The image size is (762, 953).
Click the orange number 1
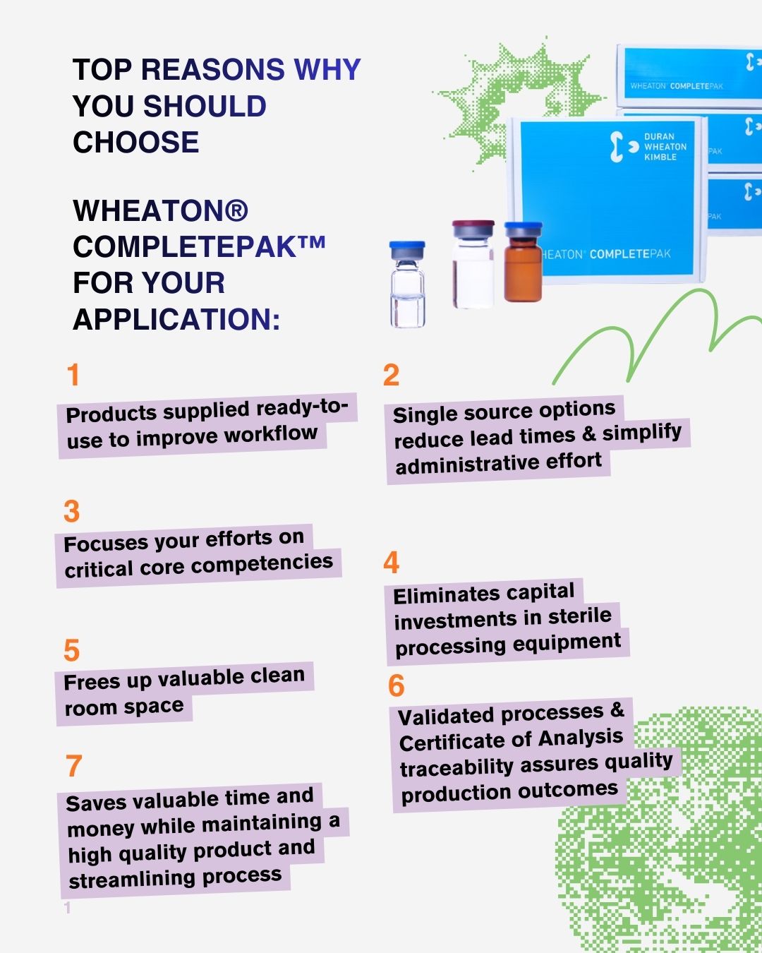coord(74,375)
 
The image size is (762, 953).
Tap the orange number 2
coord(391,375)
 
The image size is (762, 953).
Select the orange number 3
coord(72,512)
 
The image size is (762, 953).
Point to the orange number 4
coord(392,563)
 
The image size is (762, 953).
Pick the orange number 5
coord(72,650)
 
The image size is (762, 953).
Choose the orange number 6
coord(397,685)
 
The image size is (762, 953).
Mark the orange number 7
coord(74,766)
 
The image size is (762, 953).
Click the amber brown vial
coord(523,262)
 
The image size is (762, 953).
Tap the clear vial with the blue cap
coord(407,284)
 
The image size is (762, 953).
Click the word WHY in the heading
coord(327,69)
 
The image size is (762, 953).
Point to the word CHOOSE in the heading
coord(136,142)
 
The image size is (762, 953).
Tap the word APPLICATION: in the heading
coord(176,319)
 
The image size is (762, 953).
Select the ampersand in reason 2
coord(588,435)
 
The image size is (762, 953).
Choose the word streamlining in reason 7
coord(131,879)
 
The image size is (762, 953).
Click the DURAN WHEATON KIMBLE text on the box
coord(665,147)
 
